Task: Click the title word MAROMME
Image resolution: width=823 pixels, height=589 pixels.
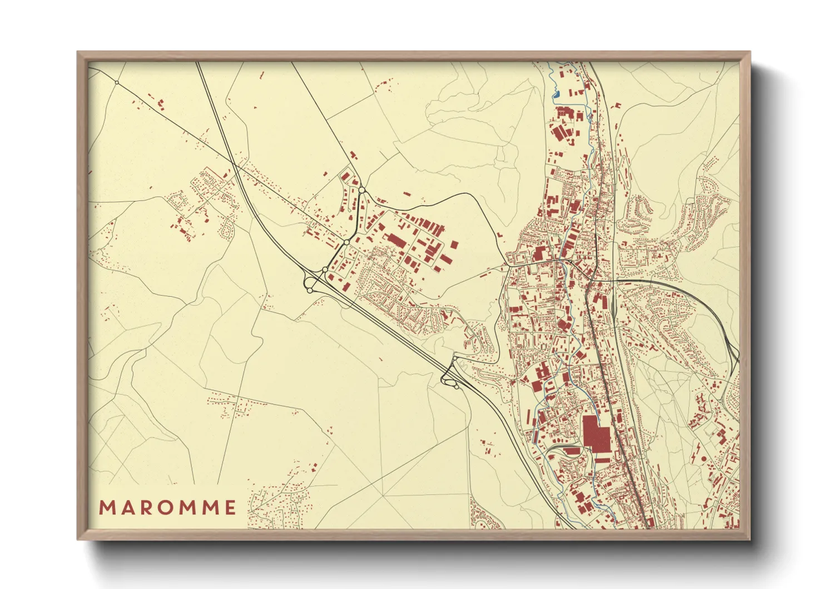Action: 167,507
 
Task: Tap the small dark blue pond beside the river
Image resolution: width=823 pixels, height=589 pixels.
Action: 556,94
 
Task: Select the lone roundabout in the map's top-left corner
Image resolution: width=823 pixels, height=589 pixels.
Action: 117,82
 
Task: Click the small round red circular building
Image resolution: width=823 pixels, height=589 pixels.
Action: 703,458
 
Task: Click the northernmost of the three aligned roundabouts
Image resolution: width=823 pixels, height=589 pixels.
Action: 361,191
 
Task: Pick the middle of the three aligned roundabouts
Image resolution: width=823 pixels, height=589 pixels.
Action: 346,243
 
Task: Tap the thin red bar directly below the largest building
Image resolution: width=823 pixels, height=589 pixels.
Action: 603,459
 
